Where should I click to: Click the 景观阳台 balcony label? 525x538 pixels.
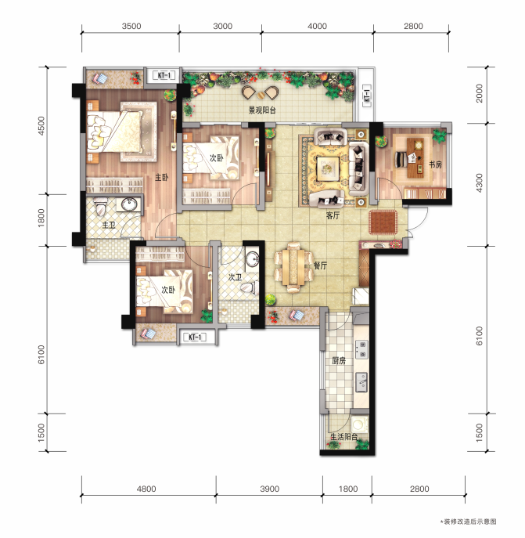(x=262, y=110)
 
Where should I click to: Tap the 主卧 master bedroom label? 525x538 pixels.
(x=161, y=178)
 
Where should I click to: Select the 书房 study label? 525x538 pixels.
(x=436, y=164)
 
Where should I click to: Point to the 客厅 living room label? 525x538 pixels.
(x=333, y=215)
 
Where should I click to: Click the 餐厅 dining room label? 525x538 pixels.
(x=320, y=265)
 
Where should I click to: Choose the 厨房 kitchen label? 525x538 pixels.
(x=339, y=360)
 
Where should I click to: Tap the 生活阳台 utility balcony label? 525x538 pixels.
(x=343, y=437)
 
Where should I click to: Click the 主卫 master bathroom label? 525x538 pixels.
(x=109, y=225)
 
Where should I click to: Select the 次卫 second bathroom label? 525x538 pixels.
(x=235, y=277)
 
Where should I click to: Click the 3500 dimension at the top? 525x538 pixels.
(x=131, y=26)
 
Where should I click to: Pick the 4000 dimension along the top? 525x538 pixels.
(x=317, y=26)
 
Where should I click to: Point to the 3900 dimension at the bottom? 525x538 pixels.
(x=269, y=489)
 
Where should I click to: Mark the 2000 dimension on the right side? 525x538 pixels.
(x=480, y=93)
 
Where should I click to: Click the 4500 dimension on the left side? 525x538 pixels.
(x=41, y=126)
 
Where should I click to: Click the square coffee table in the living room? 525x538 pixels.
(x=328, y=168)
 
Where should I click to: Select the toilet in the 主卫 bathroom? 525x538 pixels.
(x=100, y=207)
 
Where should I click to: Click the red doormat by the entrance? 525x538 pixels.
(x=383, y=222)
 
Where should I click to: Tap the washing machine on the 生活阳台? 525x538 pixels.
(x=359, y=424)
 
